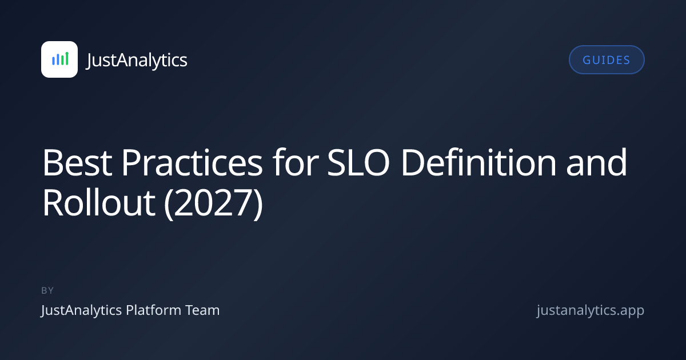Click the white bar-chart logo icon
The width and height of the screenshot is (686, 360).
click(x=59, y=59)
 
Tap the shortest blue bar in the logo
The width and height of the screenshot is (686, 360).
click(x=53, y=61)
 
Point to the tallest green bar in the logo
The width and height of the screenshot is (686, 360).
click(x=67, y=58)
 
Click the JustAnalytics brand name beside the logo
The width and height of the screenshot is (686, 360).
click(x=137, y=60)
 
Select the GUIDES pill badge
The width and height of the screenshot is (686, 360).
click(x=607, y=59)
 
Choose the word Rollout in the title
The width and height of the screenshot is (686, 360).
click(x=98, y=202)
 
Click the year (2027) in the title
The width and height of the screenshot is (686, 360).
click(x=214, y=203)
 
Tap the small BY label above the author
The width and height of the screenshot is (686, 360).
click(x=47, y=290)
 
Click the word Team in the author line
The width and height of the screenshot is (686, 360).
click(x=203, y=310)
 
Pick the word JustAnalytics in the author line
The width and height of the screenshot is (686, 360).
click(x=81, y=310)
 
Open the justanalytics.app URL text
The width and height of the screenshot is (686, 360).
click(x=591, y=310)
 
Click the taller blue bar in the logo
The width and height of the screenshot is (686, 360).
click(x=58, y=59)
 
